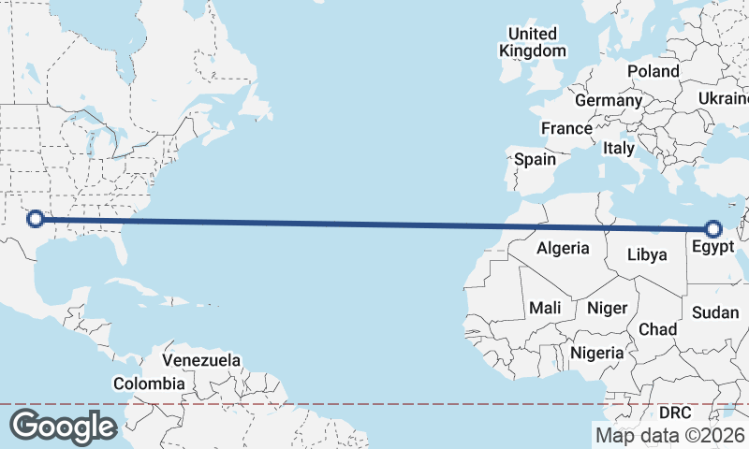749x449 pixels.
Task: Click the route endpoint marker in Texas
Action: (x=36, y=219)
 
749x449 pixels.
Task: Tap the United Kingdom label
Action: (x=533, y=43)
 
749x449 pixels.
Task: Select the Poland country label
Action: (x=654, y=71)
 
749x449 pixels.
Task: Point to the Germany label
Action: (x=608, y=100)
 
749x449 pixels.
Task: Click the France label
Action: (x=566, y=128)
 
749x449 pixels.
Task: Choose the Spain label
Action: (x=535, y=159)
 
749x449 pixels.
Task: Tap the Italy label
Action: (x=618, y=148)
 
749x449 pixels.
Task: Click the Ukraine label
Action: (x=724, y=98)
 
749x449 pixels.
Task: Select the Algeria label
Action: (x=563, y=248)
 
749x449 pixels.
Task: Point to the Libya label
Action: (x=647, y=254)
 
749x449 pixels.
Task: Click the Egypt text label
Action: (x=713, y=248)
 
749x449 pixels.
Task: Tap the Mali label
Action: (x=545, y=307)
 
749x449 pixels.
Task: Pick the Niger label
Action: (x=605, y=307)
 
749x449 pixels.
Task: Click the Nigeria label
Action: (x=596, y=353)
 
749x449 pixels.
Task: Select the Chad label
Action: (x=657, y=329)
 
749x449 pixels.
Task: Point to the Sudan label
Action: (x=715, y=312)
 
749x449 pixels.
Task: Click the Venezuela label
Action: (x=201, y=360)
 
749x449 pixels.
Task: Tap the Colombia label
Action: (x=149, y=384)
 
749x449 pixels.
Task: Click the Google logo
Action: (x=63, y=426)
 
